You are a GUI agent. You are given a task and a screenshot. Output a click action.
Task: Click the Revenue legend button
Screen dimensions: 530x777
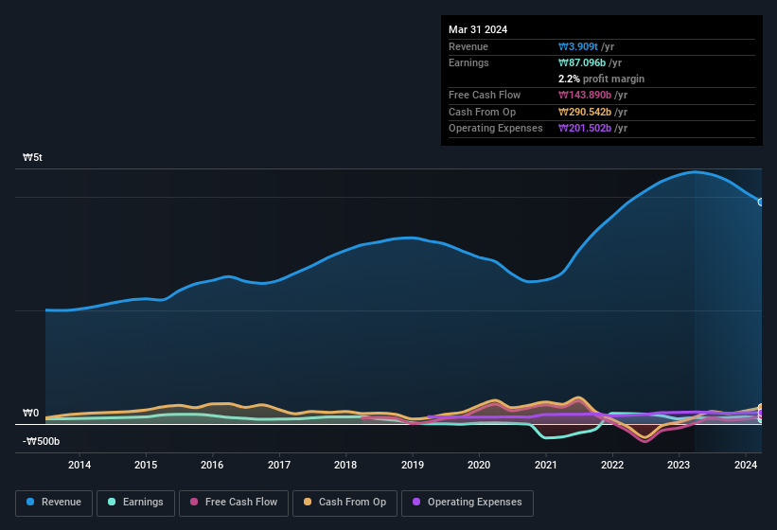(54, 503)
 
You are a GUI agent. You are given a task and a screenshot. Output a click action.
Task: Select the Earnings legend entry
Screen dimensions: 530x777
(135, 503)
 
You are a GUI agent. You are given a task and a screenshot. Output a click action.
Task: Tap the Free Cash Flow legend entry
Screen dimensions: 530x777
(234, 503)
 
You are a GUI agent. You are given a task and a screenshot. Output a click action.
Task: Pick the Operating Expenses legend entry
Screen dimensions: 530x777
(468, 503)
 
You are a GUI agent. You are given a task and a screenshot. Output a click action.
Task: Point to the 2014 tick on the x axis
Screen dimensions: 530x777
(79, 465)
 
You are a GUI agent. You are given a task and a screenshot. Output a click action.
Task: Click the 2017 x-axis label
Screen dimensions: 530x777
(279, 465)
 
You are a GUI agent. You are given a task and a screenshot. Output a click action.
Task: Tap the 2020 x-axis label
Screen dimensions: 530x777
(479, 465)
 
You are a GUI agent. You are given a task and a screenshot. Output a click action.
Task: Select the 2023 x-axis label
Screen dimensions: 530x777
(679, 465)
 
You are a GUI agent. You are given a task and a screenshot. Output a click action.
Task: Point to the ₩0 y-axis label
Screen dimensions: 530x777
(31, 414)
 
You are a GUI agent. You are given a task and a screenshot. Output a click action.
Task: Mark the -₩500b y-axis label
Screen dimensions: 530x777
(42, 441)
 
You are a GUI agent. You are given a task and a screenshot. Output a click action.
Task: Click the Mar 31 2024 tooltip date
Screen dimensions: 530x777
(478, 29)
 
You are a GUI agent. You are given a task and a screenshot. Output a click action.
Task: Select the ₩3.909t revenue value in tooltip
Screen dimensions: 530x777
(579, 46)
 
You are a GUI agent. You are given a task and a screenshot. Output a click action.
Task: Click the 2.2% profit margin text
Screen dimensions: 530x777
(601, 79)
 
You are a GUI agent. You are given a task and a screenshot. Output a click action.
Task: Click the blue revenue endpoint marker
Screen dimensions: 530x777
(761, 202)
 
